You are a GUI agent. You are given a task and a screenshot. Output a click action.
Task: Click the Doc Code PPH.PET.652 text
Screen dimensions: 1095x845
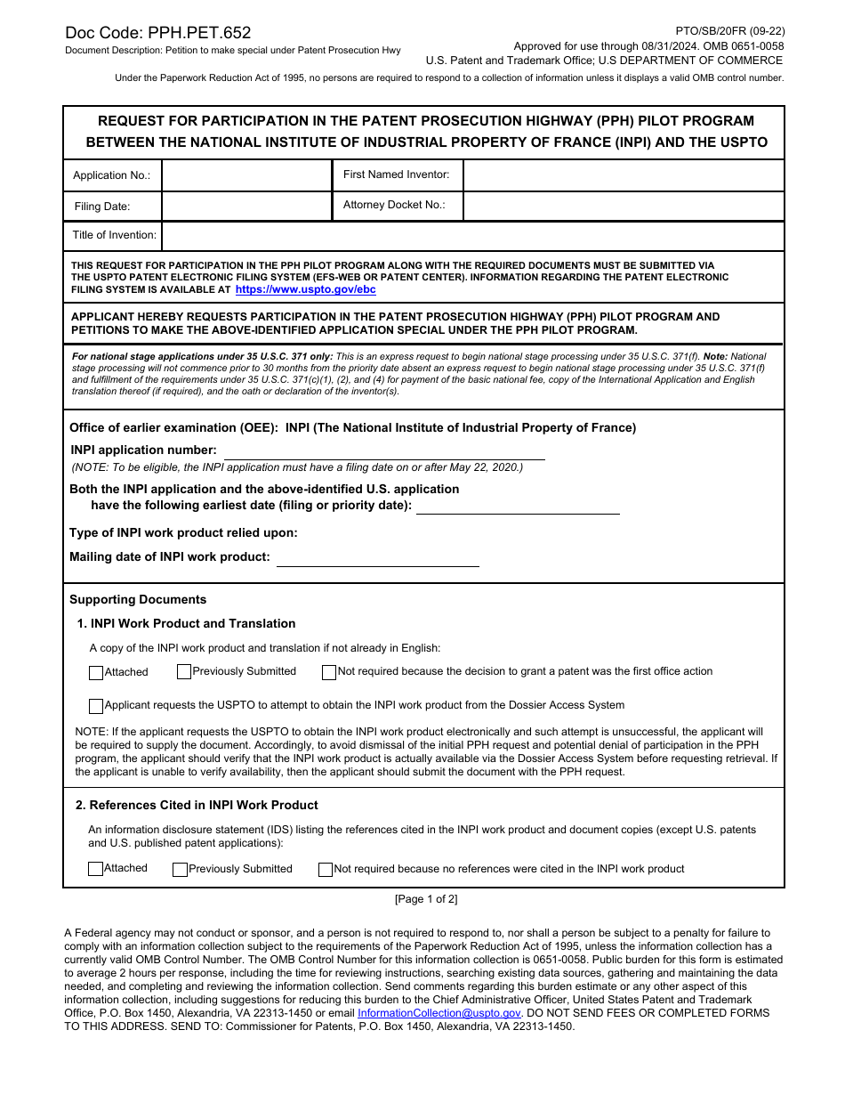click(x=157, y=33)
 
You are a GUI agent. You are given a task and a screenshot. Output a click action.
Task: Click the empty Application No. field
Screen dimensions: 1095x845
click(x=246, y=175)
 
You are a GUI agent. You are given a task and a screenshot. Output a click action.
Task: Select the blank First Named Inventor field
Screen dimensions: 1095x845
click(x=623, y=175)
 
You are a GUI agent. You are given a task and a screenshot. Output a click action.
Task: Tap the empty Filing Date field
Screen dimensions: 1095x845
click(x=246, y=207)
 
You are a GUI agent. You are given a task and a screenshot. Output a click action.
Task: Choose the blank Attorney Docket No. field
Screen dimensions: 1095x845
click(x=623, y=207)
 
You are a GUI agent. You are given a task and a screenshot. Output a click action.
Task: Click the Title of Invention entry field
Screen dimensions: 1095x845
click(x=471, y=236)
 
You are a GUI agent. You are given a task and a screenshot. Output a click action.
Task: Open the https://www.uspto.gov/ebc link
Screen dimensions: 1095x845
click(x=305, y=289)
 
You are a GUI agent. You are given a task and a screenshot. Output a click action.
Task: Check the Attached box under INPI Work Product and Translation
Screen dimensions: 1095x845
click(x=96, y=673)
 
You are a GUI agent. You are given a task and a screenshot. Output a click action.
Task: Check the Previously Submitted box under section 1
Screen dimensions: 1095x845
click(x=184, y=672)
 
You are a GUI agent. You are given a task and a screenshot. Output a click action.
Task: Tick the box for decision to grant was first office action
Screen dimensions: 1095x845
click(x=329, y=672)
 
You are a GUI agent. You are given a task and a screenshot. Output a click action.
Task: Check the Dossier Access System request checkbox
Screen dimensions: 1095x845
click(x=96, y=706)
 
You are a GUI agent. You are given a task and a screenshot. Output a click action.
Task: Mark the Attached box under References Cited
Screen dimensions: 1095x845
click(x=96, y=869)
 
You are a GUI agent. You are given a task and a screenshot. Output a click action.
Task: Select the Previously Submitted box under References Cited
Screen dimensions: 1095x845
click(x=180, y=870)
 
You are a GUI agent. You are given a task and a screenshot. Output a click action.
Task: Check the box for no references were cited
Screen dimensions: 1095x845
click(x=326, y=870)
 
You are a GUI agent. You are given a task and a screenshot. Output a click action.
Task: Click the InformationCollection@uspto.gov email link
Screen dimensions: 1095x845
click(x=439, y=1013)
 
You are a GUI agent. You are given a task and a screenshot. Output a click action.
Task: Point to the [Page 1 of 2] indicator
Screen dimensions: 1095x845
click(x=426, y=899)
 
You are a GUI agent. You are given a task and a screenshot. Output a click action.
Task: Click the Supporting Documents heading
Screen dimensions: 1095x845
click(x=138, y=600)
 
